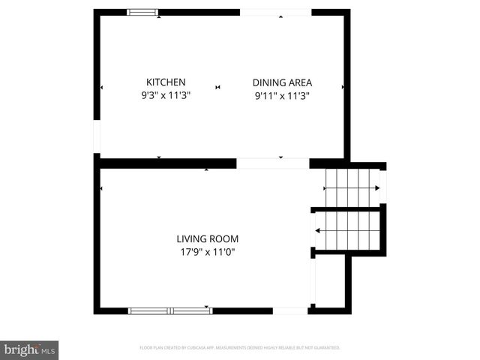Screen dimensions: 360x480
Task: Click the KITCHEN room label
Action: pos(166,82)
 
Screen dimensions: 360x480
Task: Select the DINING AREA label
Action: pos(282,82)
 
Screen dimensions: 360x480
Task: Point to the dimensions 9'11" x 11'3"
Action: pos(282,95)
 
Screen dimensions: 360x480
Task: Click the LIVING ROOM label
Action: pos(208,239)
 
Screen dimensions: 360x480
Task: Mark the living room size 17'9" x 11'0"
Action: pos(208,253)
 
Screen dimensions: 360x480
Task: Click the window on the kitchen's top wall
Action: pos(142,12)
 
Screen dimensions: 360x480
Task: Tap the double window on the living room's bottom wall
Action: pos(170,310)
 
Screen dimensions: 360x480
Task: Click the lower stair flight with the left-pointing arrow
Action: pos(348,230)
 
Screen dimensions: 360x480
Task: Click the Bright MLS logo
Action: pos(29,349)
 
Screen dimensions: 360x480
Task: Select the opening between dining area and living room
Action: pos(272,163)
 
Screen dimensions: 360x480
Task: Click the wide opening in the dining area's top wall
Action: pos(274,12)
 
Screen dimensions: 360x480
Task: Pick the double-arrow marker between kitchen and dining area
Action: pos(218,88)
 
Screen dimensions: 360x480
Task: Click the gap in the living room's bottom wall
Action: pos(289,310)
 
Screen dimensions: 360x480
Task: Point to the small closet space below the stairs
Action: pos(330,281)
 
